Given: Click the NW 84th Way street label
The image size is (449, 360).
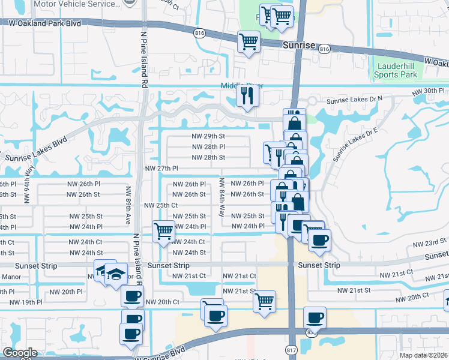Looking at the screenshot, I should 222,197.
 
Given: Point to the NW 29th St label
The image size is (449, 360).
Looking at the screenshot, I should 208,136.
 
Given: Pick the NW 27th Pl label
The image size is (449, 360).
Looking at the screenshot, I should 162,169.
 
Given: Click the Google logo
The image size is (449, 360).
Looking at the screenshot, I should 20,353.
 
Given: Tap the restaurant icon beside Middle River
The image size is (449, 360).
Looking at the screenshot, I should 247,96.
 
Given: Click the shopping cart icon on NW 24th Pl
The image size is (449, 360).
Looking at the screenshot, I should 163,231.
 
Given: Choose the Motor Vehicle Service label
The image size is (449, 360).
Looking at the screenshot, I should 76,4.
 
